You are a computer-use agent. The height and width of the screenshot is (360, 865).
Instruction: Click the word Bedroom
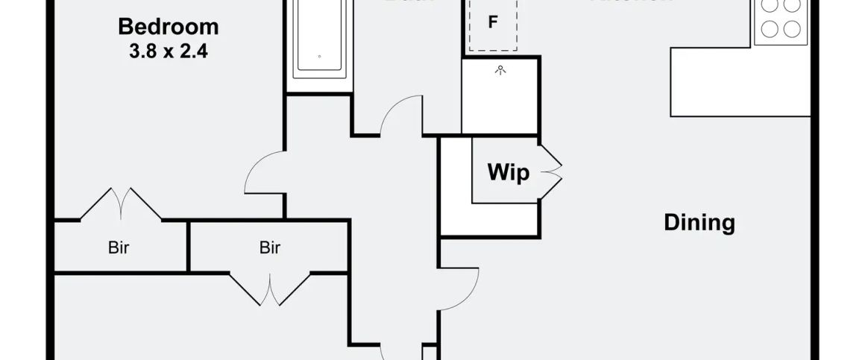169,28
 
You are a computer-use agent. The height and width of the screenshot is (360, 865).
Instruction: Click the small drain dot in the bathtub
319,57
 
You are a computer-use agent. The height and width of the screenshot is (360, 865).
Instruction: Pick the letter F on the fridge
492,22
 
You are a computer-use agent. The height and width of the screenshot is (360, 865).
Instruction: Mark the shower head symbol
500,69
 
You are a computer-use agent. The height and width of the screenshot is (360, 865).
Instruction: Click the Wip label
508,173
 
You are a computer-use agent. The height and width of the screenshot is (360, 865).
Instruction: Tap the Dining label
699,223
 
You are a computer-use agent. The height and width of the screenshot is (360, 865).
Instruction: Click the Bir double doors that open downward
269,289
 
